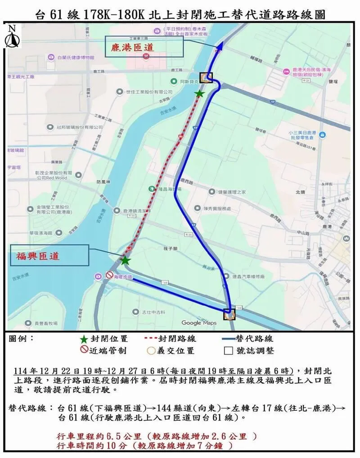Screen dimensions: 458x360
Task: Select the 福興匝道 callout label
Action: [x=37, y=256]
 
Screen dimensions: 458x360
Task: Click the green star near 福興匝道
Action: [x=125, y=261]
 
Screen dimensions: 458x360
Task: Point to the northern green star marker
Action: [x=199, y=94]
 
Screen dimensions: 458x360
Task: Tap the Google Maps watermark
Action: [x=199, y=322]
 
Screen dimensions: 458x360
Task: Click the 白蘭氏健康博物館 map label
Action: [x=76, y=58]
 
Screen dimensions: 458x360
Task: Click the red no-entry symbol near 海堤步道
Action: [x=109, y=275]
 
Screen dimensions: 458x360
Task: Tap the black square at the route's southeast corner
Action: [x=229, y=314]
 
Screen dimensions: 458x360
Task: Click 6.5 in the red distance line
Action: [x=118, y=437]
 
